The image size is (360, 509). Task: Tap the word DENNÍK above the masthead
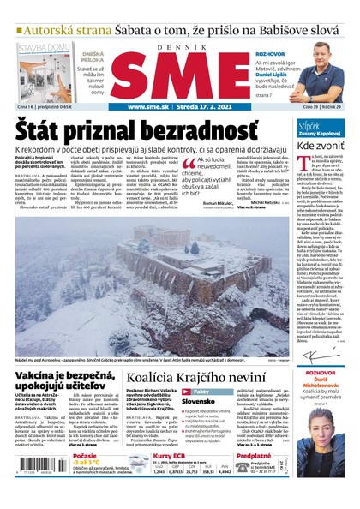180,46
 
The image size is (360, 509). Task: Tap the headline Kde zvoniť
321,147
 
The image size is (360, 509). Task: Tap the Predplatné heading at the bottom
255,457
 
